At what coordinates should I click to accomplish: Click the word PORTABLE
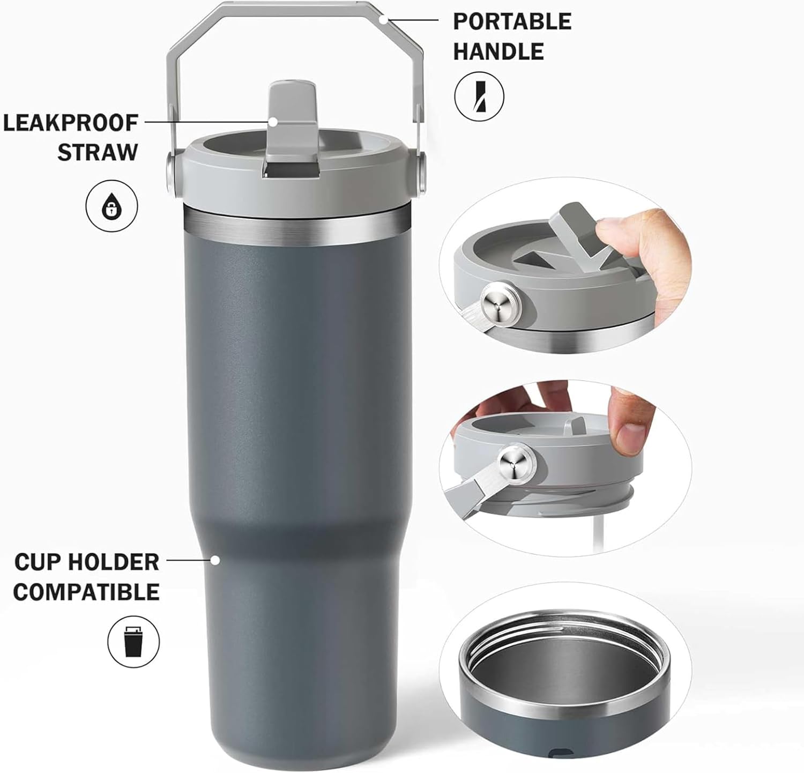[512, 21]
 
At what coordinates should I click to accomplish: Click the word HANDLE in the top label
[498, 51]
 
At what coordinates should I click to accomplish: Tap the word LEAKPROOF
[71, 123]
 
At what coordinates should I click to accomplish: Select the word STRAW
[98, 152]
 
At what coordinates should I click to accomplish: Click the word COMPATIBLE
[86, 592]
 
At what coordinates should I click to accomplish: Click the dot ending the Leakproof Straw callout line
[273, 122]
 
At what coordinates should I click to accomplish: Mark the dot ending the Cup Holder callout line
[215, 561]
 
